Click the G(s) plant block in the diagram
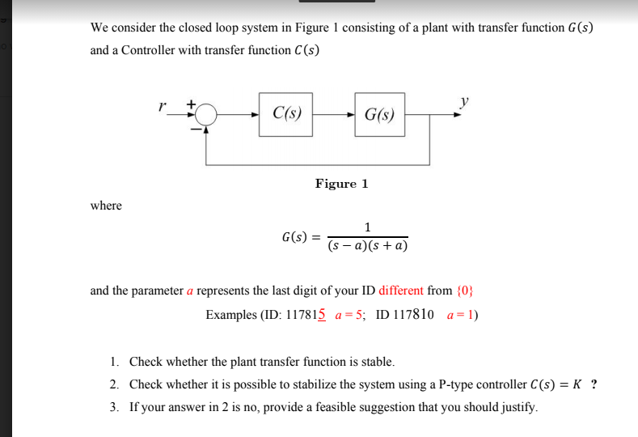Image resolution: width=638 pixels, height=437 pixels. [379, 114]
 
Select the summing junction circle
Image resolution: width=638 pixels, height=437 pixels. [207, 114]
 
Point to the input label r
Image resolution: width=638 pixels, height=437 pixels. [163, 104]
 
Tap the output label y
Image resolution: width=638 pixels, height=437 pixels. [464, 100]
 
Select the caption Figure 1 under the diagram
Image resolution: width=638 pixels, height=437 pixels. [341, 184]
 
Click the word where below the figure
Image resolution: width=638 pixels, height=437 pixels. [106, 206]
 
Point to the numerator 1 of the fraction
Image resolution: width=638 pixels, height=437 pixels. [368, 226]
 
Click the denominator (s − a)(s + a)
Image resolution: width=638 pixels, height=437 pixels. [368, 244]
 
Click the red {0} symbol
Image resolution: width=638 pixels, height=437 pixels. [466, 291]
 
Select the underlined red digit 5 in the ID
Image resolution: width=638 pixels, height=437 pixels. [322, 314]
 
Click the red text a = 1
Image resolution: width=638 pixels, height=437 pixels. [463, 314]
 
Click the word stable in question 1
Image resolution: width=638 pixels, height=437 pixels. [376, 361]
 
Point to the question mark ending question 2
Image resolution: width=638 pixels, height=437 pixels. [594, 384]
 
